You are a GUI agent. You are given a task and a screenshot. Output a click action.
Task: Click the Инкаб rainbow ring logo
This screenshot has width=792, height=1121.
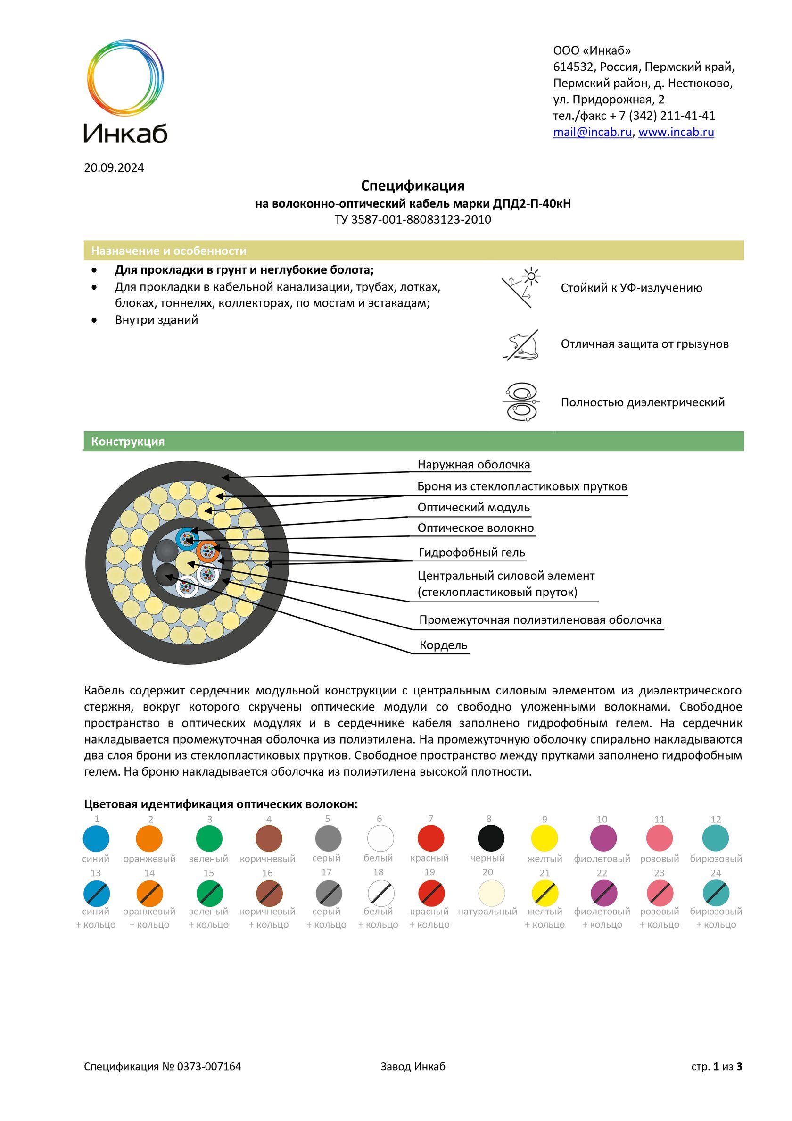(125, 78)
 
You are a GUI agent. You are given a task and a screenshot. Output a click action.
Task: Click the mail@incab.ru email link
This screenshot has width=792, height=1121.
(592, 132)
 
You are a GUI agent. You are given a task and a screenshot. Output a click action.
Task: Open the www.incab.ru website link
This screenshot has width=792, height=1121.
(676, 132)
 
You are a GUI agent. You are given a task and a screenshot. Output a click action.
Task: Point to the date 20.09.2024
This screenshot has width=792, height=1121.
(114, 167)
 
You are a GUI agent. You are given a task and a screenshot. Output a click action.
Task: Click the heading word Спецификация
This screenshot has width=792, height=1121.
(412, 185)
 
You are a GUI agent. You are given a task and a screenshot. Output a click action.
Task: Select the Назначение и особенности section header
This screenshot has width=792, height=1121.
(169, 251)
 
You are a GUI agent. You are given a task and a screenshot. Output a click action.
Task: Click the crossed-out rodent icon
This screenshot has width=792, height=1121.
(520, 345)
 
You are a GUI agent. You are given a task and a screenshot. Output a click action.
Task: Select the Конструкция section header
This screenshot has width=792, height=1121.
(128, 441)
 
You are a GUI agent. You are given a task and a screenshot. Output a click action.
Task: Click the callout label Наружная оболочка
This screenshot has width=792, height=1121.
(473, 464)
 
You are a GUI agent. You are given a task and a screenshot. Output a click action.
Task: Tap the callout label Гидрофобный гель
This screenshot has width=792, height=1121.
(471, 552)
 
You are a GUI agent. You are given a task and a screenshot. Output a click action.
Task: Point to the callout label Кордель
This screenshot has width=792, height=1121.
(443, 645)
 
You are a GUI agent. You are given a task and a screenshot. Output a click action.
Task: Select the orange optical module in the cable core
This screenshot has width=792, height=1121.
(208, 552)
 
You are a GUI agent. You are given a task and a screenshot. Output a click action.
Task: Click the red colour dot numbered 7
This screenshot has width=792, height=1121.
(430, 838)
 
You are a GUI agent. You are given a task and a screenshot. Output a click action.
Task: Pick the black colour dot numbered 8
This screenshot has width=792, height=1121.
(490, 838)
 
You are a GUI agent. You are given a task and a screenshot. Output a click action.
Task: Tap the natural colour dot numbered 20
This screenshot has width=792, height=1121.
(491, 893)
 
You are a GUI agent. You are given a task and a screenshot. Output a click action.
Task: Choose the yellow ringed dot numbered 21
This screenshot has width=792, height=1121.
(544, 893)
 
